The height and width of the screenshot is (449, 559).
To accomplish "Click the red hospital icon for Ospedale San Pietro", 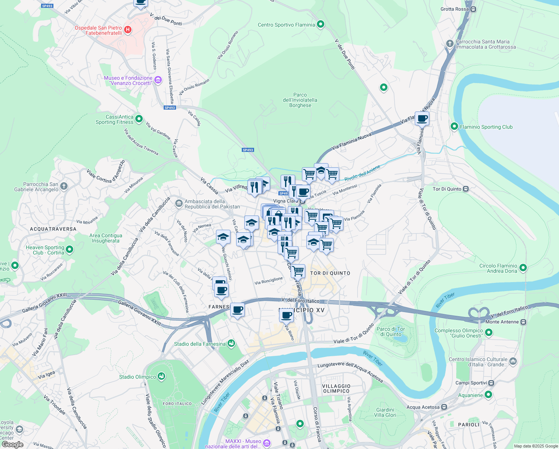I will [128, 30].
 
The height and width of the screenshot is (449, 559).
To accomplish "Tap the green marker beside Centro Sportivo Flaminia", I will [320, 25].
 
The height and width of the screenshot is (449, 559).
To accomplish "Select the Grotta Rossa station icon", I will [473, 9].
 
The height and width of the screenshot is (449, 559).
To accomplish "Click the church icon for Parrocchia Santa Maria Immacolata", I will [450, 43].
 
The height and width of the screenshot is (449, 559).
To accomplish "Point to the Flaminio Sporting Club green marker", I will [454, 126].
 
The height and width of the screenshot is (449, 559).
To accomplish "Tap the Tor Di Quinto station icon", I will [466, 189].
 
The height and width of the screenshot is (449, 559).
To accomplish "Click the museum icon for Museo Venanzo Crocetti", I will [158, 80].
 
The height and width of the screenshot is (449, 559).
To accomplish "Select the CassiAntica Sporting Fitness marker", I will [139, 119].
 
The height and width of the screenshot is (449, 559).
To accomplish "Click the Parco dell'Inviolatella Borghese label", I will [300, 100].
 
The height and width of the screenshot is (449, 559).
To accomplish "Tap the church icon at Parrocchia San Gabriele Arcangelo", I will [64, 186].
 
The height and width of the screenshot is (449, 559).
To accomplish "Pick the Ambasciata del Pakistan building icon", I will [179, 204].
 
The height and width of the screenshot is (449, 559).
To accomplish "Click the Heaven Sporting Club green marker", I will [70, 249].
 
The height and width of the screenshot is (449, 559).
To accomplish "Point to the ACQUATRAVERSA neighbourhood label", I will [53, 229].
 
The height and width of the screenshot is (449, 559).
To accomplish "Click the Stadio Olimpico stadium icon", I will [161, 376].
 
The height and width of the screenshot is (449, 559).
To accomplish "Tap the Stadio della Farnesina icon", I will [231, 343].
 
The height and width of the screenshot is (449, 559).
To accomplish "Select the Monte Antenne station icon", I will [523, 322].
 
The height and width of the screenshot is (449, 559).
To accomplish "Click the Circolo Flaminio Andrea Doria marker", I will [523, 268].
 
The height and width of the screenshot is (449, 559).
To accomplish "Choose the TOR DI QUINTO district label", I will [330, 273].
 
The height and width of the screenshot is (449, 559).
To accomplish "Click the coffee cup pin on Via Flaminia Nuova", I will [422, 119].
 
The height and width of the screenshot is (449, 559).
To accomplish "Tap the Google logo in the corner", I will [12, 445].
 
